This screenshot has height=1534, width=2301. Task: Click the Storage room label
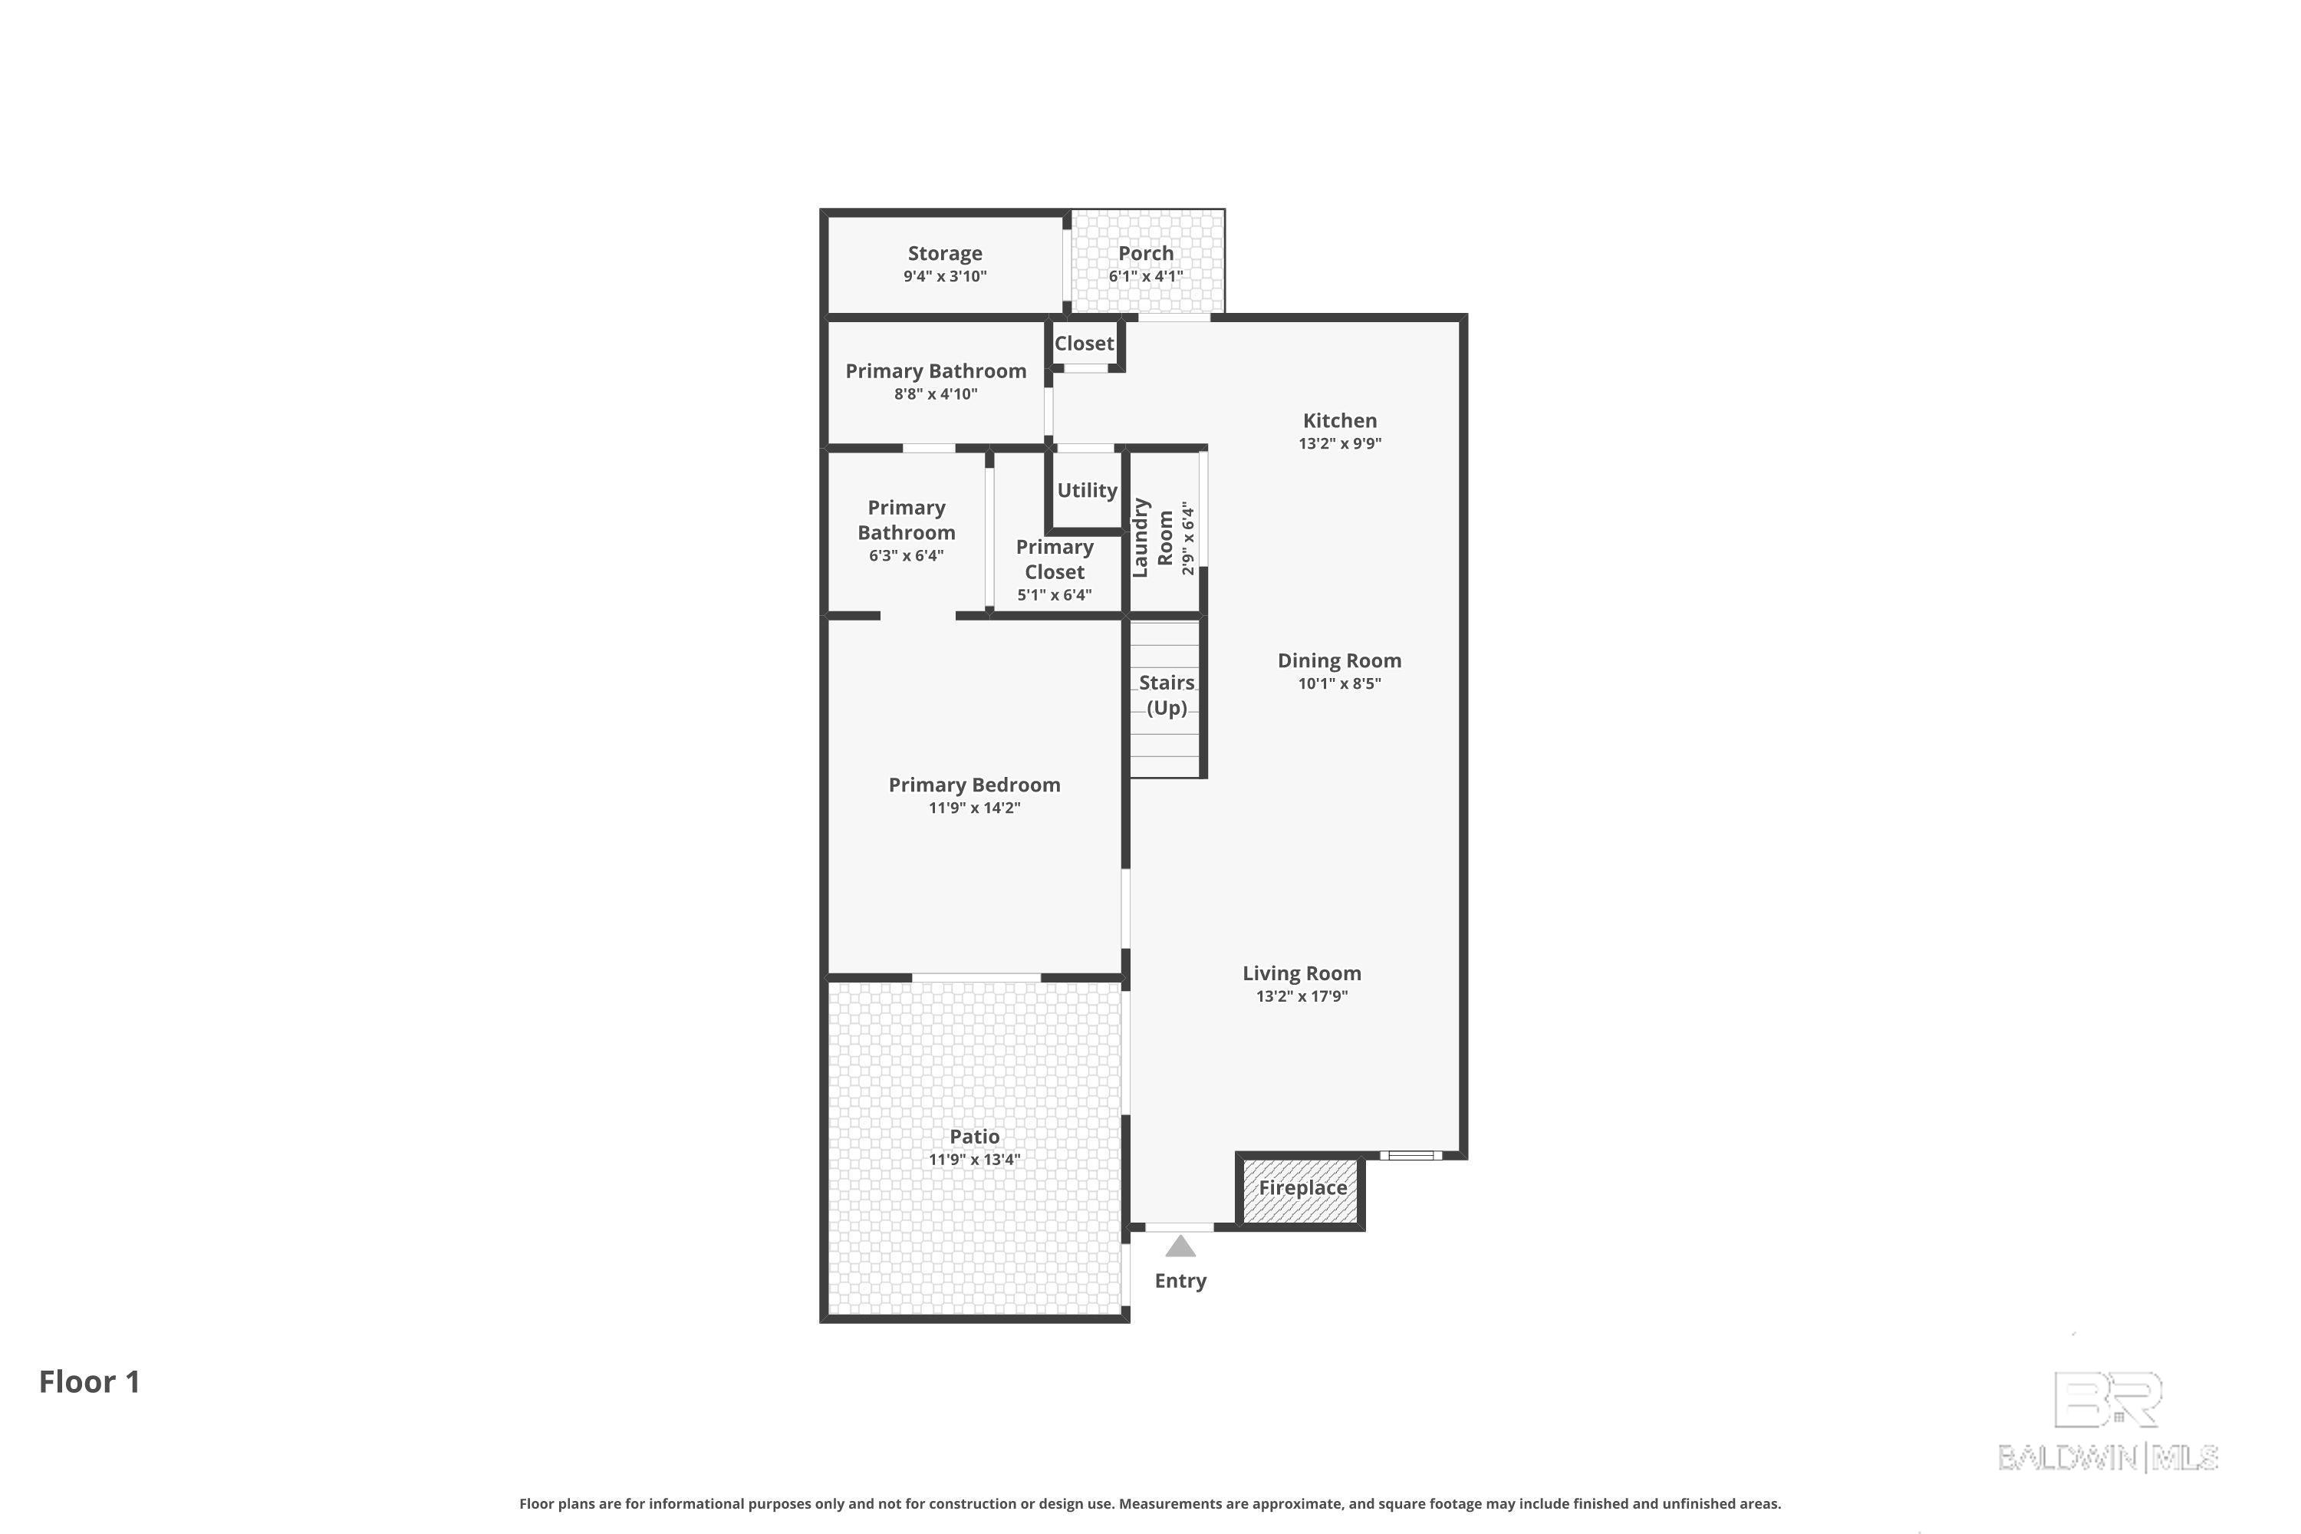point(944,253)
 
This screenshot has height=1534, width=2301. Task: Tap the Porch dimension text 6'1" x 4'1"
point(1146,276)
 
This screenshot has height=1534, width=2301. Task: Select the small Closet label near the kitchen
point(1084,344)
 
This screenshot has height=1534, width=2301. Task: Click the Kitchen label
point(1339,420)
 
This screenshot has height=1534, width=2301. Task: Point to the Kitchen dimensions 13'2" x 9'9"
point(1339,443)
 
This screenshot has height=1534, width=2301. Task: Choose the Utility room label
point(1087,490)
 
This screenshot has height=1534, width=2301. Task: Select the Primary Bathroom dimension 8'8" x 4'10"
point(935,394)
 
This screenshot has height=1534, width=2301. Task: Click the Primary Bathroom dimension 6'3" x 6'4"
point(906,555)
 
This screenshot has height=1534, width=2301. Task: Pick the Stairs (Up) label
point(1166,695)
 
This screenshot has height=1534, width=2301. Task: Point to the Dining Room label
point(1339,660)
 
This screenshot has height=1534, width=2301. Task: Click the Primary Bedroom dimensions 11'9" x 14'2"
point(974,808)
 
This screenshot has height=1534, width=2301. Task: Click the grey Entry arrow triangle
point(1181,1246)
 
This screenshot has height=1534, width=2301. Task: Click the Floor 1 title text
point(90,1381)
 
